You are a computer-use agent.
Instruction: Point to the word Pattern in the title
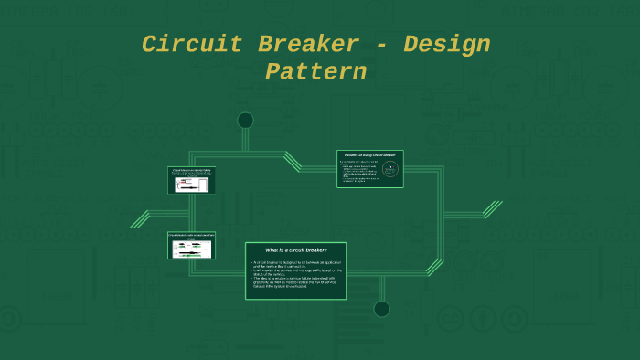tap(315, 71)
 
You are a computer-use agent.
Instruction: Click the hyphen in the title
tap(380, 45)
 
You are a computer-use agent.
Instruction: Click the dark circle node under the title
tap(245, 121)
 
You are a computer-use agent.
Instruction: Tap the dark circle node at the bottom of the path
tap(381, 309)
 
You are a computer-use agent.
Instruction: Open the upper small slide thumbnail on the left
tap(191, 180)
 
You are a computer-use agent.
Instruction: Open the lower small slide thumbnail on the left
tap(191, 245)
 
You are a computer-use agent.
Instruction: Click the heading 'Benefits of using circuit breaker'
tap(369, 156)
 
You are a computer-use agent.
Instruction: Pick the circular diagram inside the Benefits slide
tap(389, 170)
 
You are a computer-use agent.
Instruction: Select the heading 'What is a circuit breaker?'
tap(295, 249)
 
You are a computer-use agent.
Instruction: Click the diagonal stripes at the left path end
tap(140, 219)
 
